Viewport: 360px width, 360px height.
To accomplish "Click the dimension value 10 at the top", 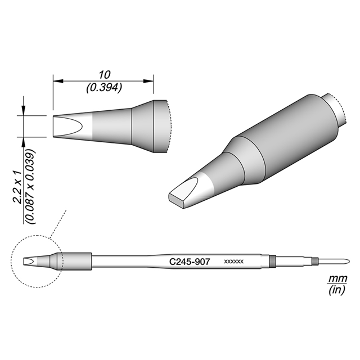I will tap(103, 74).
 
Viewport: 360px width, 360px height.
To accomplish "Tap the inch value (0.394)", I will tap(103, 88).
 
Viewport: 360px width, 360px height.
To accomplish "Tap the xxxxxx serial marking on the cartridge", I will tap(233, 263).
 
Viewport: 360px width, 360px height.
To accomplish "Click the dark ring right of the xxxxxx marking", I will tap(272, 262).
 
